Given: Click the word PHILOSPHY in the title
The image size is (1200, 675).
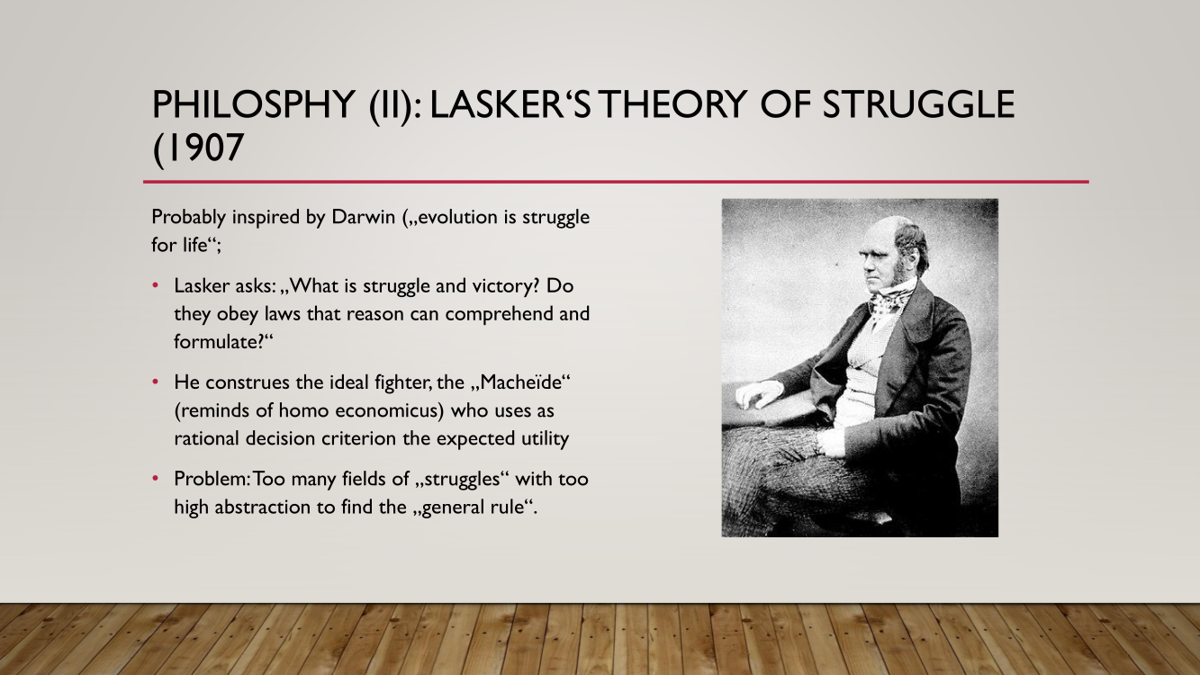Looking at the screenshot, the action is tap(253, 104).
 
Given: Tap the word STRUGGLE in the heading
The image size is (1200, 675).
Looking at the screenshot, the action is tap(918, 104).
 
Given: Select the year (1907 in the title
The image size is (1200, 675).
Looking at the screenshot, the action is tap(198, 148).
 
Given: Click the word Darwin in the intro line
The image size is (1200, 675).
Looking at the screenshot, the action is tap(363, 217).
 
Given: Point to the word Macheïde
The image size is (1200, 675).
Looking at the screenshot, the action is tap(522, 382).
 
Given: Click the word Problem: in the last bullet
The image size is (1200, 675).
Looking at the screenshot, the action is tap(212, 479).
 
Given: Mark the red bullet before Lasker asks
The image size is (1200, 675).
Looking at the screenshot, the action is tap(156, 285).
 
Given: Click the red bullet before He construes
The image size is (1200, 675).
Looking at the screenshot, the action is tap(156, 382).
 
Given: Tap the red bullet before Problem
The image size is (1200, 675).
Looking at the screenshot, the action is tap(156, 478).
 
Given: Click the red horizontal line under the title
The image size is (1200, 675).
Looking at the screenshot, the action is tap(616, 182).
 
